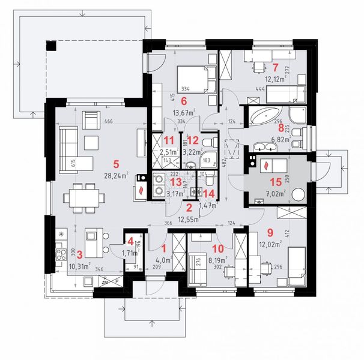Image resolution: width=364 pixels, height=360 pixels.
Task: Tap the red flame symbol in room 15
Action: [x=265, y=163]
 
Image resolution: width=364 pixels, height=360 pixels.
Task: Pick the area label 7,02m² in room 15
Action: [x=277, y=195]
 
